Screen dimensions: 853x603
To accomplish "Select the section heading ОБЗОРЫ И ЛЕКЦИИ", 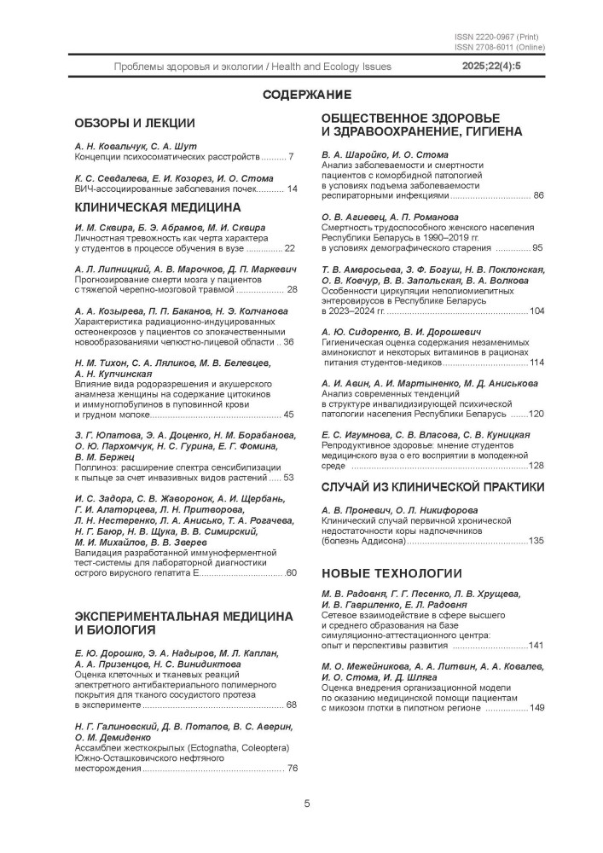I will pyautogui.click(x=135, y=123).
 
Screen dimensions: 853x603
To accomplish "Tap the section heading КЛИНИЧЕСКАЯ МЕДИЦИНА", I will pyautogui.click(x=158, y=206).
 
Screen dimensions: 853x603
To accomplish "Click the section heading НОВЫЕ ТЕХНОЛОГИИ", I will pyautogui.click(x=391, y=572).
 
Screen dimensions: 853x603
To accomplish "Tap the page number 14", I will pyautogui.click(x=292, y=189).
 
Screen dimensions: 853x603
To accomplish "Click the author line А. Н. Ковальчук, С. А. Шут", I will pyautogui.click(x=139, y=147).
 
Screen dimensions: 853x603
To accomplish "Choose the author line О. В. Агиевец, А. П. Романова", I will pyautogui.click(x=391, y=217).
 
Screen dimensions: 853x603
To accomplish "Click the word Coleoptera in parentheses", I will pyautogui.click(x=259, y=747).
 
